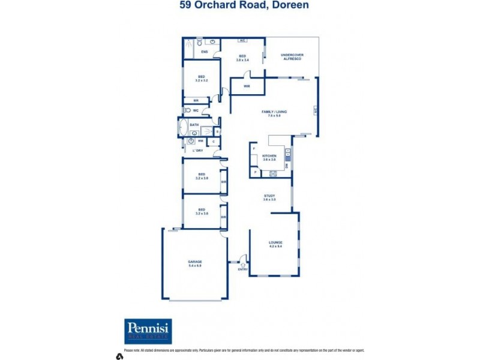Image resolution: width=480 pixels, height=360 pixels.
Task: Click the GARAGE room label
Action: pos(195,262)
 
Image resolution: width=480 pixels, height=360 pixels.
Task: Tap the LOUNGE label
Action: pos(275,242)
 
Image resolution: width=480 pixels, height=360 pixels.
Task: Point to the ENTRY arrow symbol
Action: pos(243,260)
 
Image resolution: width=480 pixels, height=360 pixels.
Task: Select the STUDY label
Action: pos(269,196)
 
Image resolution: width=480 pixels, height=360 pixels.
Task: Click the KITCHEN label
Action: pos(269,155)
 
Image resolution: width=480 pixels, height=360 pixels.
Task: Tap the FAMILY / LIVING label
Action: pos(274,112)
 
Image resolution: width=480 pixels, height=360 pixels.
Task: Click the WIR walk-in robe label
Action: pos(247,86)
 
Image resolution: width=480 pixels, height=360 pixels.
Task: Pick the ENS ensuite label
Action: pos(204,52)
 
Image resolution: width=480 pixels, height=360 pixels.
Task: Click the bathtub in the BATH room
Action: pos(182,128)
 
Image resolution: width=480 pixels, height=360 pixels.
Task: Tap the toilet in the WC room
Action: pos(187,110)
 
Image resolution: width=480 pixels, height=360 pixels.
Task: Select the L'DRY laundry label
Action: pos(197,150)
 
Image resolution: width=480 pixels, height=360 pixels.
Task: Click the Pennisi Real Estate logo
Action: pos(148,331)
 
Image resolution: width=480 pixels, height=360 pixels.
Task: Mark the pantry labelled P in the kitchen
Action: pos(255,172)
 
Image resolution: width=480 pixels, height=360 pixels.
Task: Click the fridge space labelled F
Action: pos(254,148)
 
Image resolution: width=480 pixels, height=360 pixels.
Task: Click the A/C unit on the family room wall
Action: pos(314,110)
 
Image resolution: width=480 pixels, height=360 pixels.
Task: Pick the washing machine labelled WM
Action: pos(200,141)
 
